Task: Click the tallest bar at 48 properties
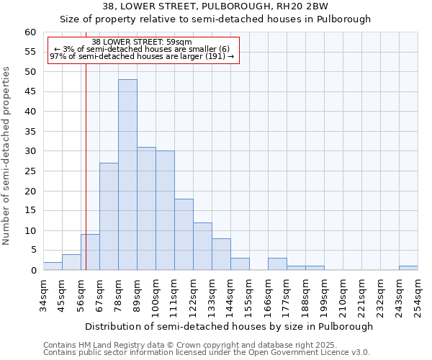pos(127,174)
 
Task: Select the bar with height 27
pos(109,216)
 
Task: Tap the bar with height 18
pos(184,234)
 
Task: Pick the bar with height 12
pos(202,246)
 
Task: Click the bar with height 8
pos(221,254)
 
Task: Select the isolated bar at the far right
pos(408,268)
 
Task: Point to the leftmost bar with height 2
pos(53,266)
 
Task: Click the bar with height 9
pos(90,252)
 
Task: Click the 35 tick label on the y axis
pos(30,132)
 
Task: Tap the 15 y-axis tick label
pos(30,211)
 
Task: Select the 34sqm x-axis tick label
pos(44,294)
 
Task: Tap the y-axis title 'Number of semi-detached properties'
pos(7,156)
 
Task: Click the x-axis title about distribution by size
pos(229,326)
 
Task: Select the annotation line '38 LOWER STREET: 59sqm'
pos(142,42)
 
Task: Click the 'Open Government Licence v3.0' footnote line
pos(207,352)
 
